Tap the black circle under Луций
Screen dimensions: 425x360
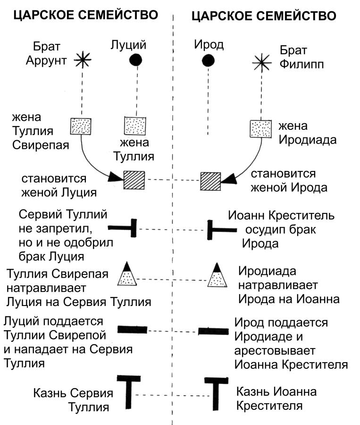coord(136,59)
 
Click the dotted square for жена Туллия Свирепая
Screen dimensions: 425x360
coord(81,127)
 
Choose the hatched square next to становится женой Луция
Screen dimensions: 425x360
coord(134,180)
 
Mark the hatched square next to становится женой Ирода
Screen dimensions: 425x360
coord(210,181)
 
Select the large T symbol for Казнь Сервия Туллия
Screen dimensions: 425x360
coord(127,391)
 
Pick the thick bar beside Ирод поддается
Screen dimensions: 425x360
coord(213,331)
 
